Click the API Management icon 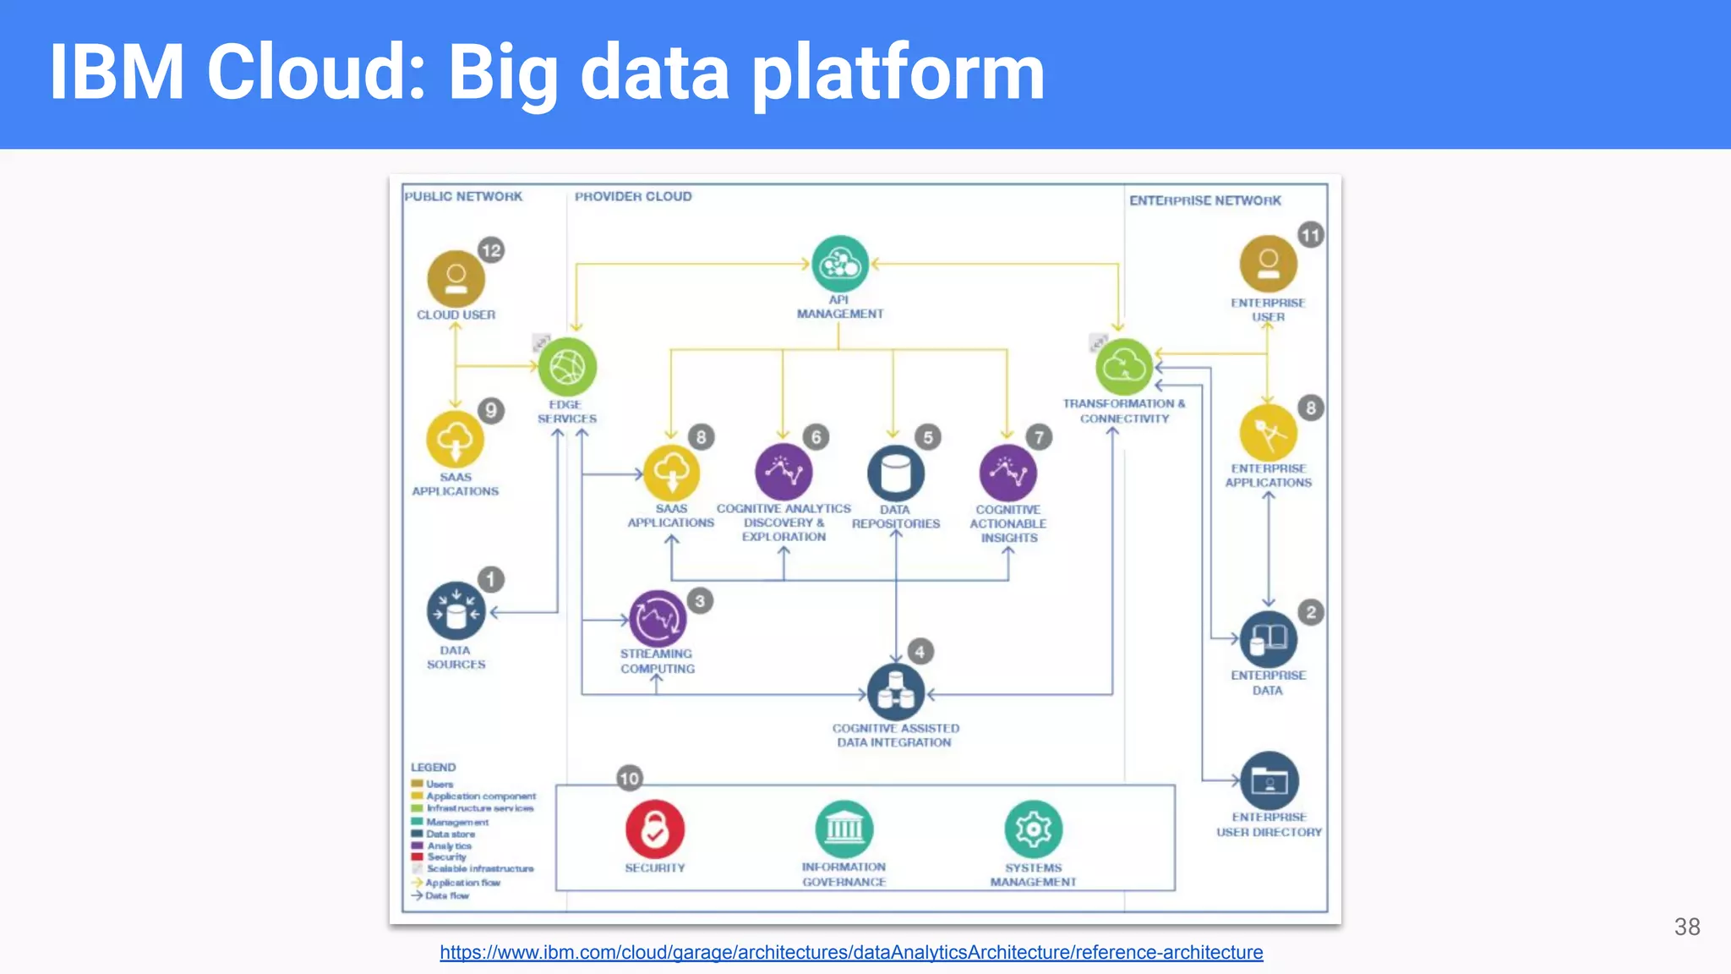click(839, 264)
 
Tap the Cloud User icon click(456, 278)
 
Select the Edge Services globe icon click(567, 367)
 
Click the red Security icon click(654, 829)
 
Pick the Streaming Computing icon click(658, 619)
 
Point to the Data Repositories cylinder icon click(895, 473)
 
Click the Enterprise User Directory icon click(1269, 780)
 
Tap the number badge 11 click(1310, 235)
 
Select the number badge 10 click(630, 778)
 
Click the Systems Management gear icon click(1033, 829)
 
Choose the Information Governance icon click(844, 829)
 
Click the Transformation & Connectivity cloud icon click(1124, 366)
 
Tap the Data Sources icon click(456, 610)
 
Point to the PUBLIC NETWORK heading click(463, 196)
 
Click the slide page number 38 click(1686, 927)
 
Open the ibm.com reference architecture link click(851, 952)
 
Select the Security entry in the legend click(445, 856)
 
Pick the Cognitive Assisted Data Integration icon click(895, 692)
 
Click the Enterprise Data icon click(1268, 639)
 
